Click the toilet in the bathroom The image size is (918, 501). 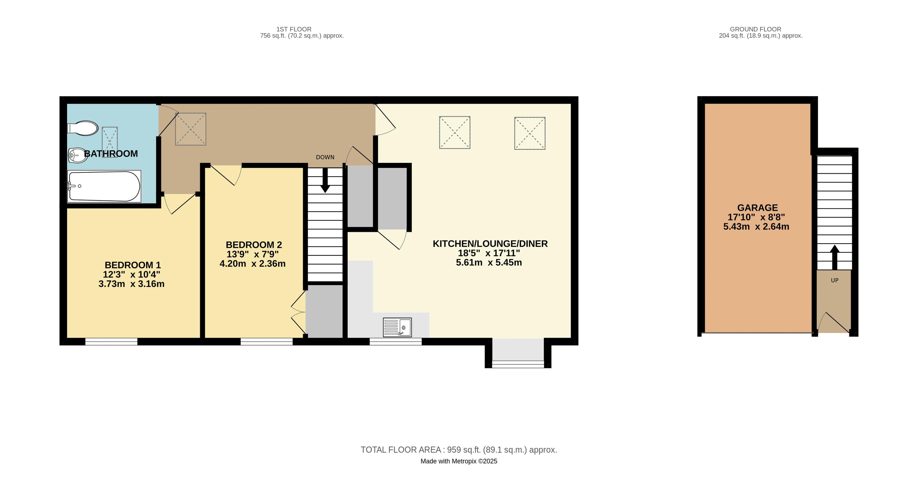point(83,128)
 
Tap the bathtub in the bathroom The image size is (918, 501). point(104,186)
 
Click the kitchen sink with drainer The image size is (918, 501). point(397,327)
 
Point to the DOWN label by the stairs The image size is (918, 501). point(325,157)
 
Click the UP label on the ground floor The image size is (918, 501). point(834,280)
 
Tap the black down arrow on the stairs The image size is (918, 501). point(325,180)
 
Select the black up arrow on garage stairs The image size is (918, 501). point(834,257)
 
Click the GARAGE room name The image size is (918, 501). point(757,208)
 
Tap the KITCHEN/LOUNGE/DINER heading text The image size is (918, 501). point(490,244)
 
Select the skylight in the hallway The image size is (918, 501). point(191,129)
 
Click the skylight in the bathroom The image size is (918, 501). point(110,142)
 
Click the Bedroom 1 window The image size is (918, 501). point(111,342)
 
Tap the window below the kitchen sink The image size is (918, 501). point(396,342)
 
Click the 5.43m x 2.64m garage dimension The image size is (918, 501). point(756,227)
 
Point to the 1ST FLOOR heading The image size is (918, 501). point(294,29)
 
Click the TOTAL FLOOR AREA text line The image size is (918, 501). point(459,450)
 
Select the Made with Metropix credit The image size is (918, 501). point(459,461)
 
